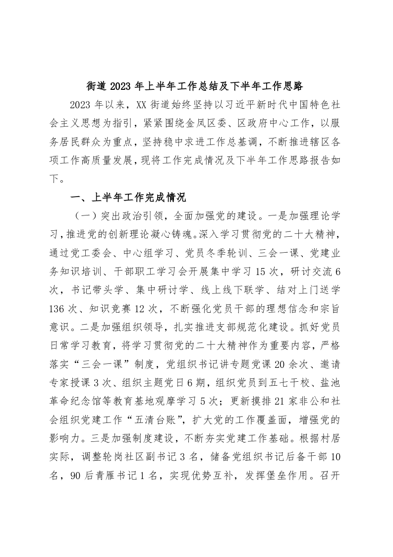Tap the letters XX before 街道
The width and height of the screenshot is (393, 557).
tap(142, 104)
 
